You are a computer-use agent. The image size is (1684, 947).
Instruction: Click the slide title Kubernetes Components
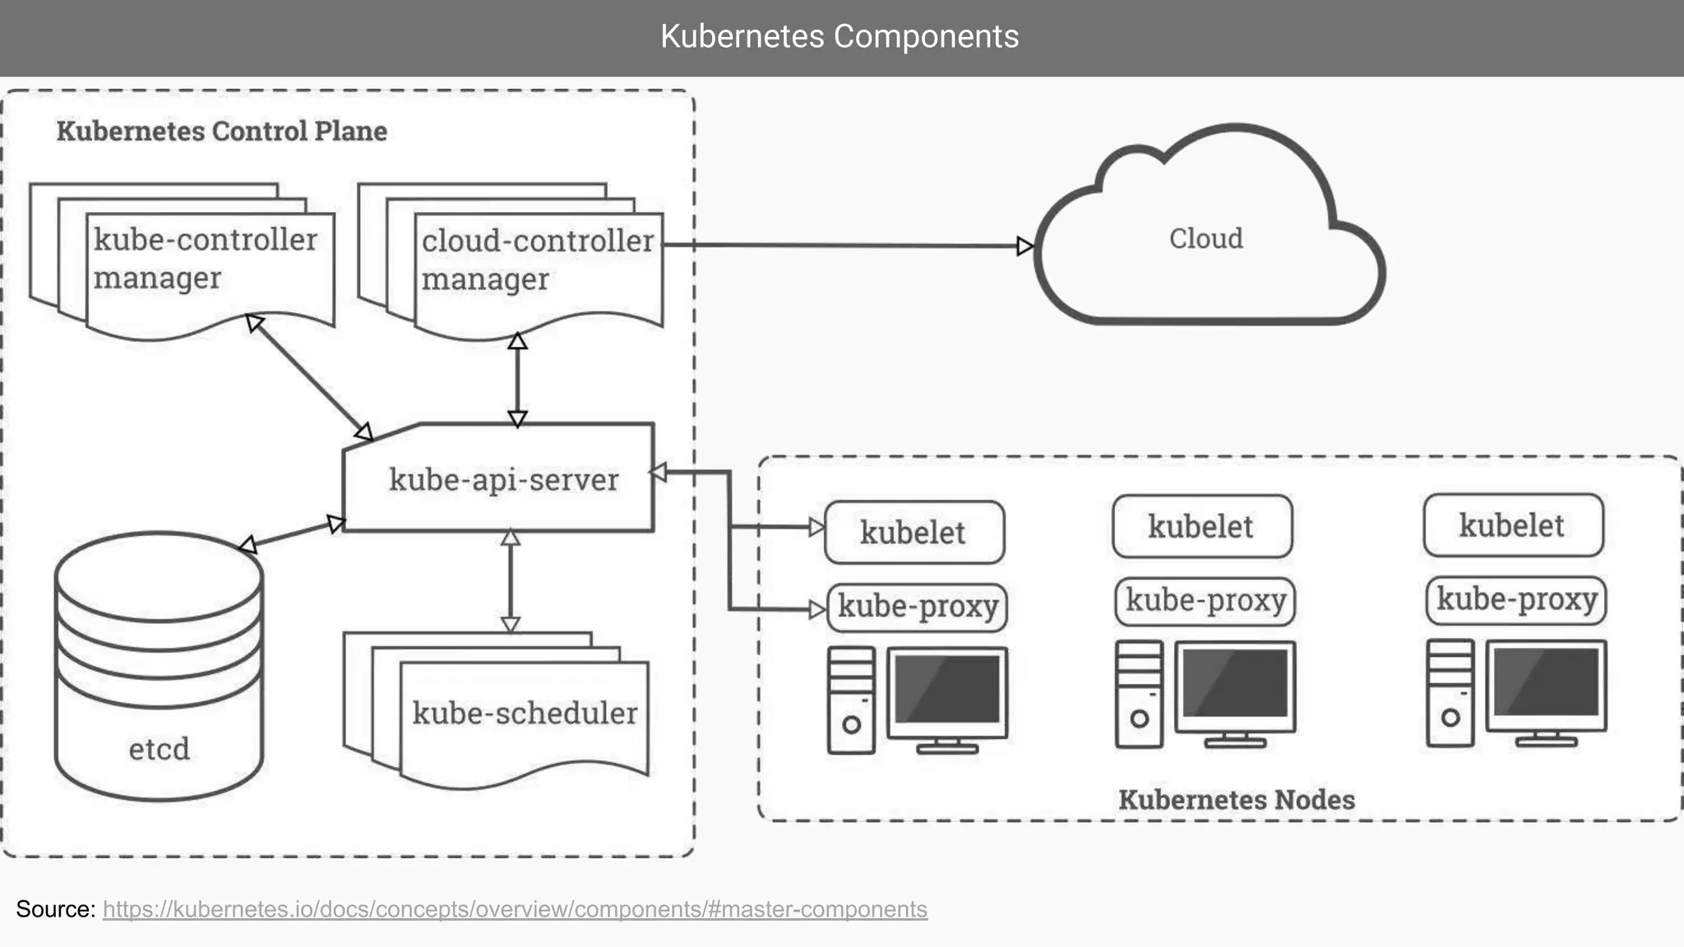click(x=840, y=37)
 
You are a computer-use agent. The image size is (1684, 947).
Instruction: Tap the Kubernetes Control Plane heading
click(x=221, y=132)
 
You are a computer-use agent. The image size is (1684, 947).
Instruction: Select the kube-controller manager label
click(x=205, y=258)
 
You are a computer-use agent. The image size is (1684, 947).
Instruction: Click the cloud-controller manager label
click(x=537, y=259)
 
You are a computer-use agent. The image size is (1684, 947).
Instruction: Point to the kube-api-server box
click(x=502, y=479)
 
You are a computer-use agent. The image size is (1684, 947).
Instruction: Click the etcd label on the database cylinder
click(x=159, y=749)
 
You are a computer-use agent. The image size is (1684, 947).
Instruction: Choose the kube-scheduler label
click(x=525, y=713)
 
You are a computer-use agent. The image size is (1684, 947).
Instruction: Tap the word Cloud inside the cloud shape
click(x=1205, y=238)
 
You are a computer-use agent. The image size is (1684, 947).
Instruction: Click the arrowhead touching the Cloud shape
click(x=1025, y=246)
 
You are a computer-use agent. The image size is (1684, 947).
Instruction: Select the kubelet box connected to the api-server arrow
click(x=914, y=533)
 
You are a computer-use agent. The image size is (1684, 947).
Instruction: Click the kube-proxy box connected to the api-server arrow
click(x=917, y=607)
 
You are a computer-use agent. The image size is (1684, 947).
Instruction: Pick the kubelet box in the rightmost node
click(x=1512, y=525)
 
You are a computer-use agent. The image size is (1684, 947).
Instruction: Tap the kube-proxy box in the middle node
click(x=1205, y=601)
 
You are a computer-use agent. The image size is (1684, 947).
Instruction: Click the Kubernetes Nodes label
click(x=1236, y=800)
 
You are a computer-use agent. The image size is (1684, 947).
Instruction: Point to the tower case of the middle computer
click(x=1139, y=695)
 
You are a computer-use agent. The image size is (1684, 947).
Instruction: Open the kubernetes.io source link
click(x=515, y=909)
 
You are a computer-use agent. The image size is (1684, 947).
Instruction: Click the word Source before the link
click(x=55, y=909)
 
